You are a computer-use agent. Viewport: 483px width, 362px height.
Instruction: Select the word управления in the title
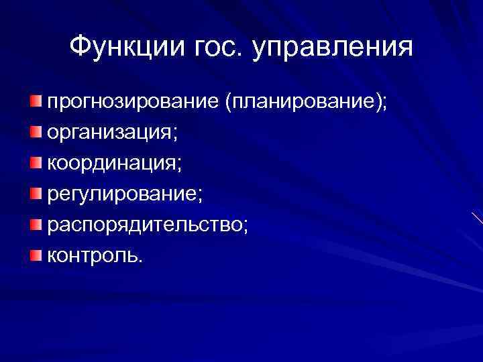tap(332, 49)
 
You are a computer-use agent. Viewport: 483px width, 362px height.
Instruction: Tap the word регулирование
tap(121, 194)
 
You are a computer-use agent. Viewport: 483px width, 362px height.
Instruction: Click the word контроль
tap(91, 255)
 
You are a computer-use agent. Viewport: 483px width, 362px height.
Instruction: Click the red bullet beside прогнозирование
tap(35, 101)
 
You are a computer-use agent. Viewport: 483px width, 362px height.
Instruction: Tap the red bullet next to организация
tap(35, 131)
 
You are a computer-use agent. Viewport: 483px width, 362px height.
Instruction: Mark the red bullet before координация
tap(35, 162)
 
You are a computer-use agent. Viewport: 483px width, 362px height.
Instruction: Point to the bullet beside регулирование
tap(35, 192)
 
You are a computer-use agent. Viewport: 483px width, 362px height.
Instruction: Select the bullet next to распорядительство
tap(35, 223)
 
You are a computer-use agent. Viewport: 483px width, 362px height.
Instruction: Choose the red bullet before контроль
tap(35, 253)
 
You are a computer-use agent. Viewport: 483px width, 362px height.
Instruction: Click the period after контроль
tap(140, 260)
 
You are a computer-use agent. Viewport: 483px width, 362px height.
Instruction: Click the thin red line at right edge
tap(477, 219)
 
